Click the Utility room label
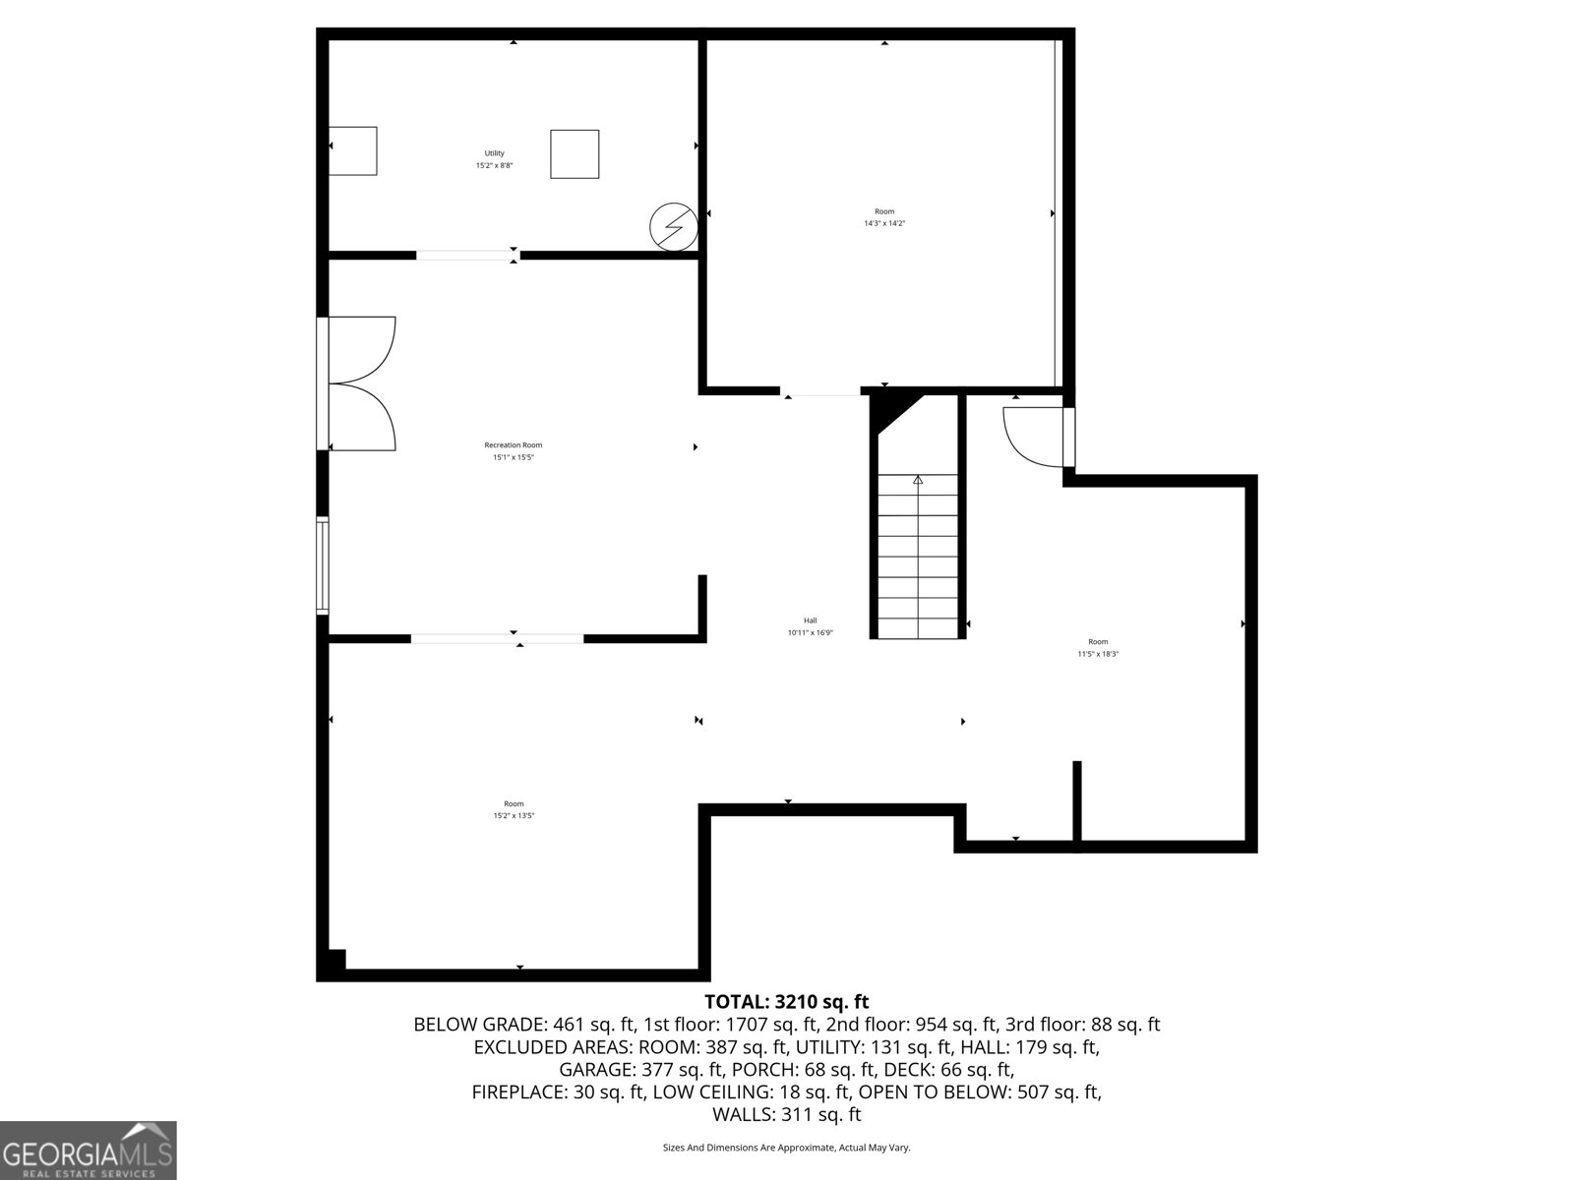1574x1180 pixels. click(494, 153)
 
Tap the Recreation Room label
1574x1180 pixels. click(513, 445)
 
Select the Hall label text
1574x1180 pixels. click(810, 620)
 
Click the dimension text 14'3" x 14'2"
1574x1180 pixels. click(884, 223)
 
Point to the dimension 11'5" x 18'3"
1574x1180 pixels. click(1098, 654)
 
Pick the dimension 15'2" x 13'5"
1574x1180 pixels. click(514, 815)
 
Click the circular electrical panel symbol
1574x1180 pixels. click(674, 227)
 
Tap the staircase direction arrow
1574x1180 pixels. click(918, 480)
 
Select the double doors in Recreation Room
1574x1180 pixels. click(362, 383)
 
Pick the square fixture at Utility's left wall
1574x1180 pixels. click(352, 150)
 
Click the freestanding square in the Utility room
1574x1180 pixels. click(575, 154)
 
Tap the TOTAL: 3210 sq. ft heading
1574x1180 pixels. click(786, 1002)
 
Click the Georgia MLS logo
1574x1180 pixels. click(88, 1150)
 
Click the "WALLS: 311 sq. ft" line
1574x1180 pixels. click(786, 1114)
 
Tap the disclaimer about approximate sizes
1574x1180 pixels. click(786, 1148)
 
